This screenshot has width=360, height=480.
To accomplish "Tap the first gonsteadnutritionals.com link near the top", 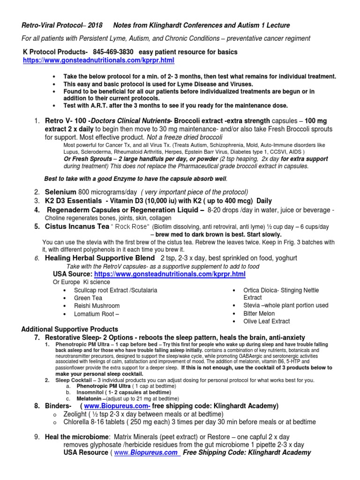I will (92, 61).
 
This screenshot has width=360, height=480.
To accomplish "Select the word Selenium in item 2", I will (60, 192).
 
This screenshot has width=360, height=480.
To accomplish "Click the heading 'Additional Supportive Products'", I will (70, 329).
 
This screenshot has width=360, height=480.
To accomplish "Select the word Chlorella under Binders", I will (77, 423).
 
